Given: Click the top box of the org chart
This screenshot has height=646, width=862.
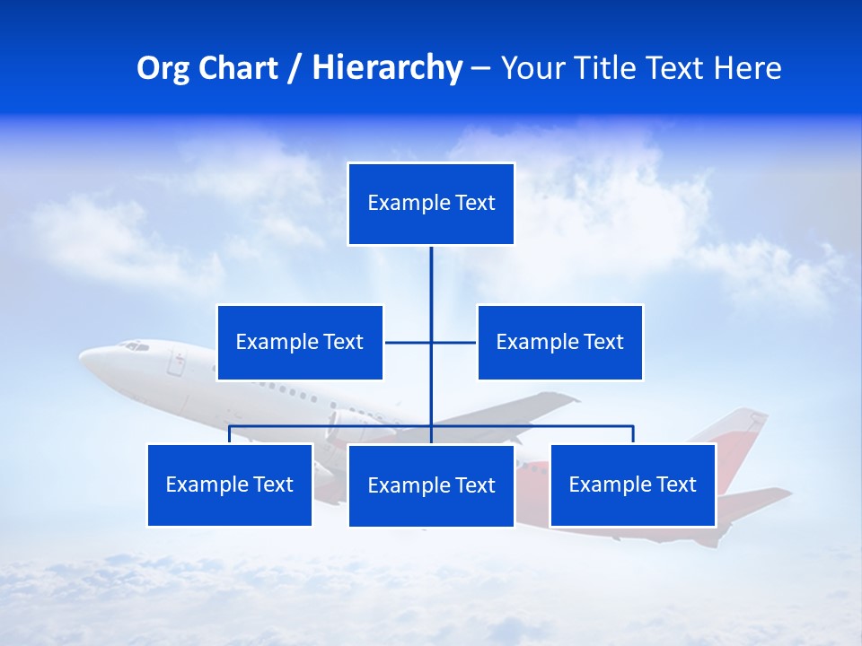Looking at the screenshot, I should pyautogui.click(x=431, y=204).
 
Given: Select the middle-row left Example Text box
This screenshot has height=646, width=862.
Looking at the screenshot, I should pyautogui.click(x=300, y=342).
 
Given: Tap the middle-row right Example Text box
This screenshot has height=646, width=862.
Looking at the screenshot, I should pyautogui.click(x=559, y=342).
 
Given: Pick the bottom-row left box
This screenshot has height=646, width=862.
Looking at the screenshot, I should pyautogui.click(x=230, y=484).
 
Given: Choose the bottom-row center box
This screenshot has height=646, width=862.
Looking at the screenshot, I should pyautogui.click(x=431, y=485).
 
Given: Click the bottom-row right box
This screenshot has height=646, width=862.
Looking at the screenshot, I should pyautogui.click(x=632, y=484).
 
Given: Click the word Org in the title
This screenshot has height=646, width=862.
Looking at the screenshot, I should pyautogui.click(x=162, y=68).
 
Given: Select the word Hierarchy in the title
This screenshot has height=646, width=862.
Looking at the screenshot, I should pyautogui.click(x=387, y=68).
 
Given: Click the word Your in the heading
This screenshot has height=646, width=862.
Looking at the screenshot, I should pyautogui.click(x=532, y=68).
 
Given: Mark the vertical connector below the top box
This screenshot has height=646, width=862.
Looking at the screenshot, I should pyautogui.click(x=431, y=278).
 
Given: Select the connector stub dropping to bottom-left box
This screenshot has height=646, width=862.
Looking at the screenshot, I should pyautogui.click(x=230, y=434).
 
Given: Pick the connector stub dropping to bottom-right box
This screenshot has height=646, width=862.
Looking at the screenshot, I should pyautogui.click(x=633, y=434).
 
